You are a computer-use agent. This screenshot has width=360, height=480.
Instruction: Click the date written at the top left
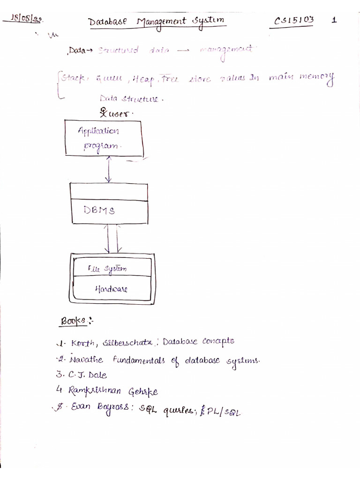(27, 19)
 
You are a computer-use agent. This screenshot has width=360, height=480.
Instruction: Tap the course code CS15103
(294, 20)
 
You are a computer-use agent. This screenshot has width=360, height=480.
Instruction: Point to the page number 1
(334, 20)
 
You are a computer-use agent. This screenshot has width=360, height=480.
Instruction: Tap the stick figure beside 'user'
(103, 112)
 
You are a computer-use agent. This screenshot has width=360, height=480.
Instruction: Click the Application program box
(105, 138)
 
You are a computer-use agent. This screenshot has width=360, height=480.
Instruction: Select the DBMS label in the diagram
(99, 210)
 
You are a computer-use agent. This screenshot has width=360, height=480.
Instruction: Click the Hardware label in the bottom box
(111, 289)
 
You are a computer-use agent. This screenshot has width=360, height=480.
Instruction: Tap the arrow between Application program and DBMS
(109, 170)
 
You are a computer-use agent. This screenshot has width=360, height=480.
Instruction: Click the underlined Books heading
(73, 321)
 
